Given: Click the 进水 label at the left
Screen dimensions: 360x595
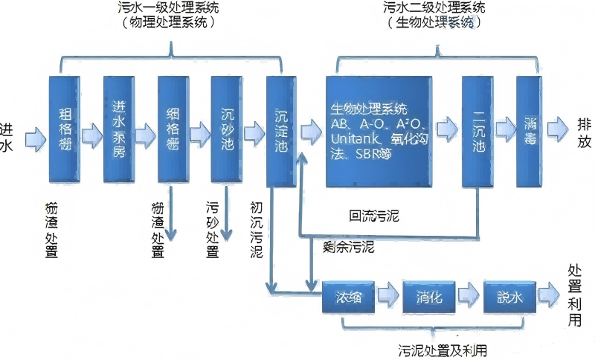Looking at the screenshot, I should (7, 137).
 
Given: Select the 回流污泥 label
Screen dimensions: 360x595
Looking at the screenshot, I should (375, 216).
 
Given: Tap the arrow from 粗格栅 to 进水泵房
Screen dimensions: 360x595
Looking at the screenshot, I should (91, 135).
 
